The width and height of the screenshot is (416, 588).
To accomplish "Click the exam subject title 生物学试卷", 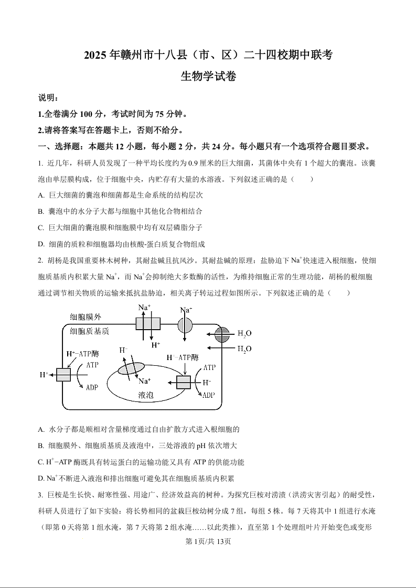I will [x=208, y=77].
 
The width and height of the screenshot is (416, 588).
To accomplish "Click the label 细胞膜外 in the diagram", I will [x=89, y=317].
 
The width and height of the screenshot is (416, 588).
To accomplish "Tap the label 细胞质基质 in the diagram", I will [x=90, y=331].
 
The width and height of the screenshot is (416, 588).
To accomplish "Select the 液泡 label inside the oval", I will [x=145, y=395].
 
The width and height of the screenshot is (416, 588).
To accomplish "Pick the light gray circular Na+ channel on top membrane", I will [x=185, y=325].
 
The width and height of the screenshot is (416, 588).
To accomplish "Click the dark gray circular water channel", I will [x=222, y=334].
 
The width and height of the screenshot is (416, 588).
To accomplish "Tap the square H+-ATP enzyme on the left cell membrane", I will [x=63, y=375].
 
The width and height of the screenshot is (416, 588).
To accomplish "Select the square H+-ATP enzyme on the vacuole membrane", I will [x=184, y=382].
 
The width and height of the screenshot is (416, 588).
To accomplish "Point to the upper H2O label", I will [x=244, y=333].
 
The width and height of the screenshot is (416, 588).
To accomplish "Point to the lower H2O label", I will [x=244, y=349].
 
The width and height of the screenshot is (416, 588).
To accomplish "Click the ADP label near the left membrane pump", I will [x=92, y=388].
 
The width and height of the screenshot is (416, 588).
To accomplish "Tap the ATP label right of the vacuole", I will [x=209, y=368].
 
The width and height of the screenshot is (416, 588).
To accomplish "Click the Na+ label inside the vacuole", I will [x=144, y=381].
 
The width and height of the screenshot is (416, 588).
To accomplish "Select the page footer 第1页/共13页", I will [x=208, y=541].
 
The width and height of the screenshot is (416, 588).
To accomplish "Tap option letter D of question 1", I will [x=41, y=244].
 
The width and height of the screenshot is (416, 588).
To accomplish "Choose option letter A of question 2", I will [x=41, y=429].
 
